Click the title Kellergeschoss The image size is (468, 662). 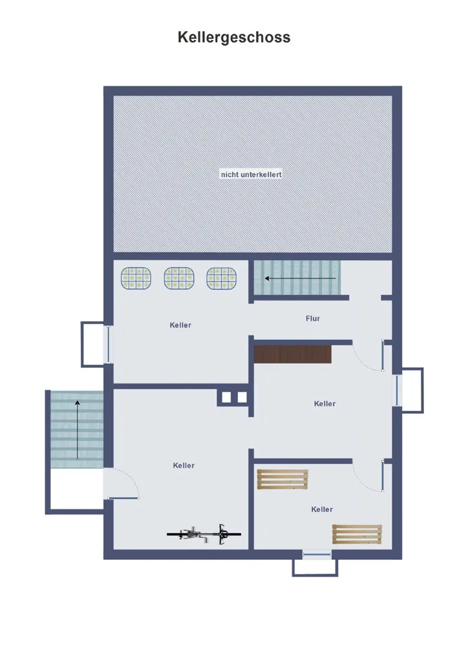pyautogui.click(x=234, y=37)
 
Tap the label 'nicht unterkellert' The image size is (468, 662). pyautogui.click(x=251, y=175)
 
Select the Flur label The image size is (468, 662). pyautogui.click(x=313, y=318)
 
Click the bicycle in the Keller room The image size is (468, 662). pyautogui.click(x=204, y=534)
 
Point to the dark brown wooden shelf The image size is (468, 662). pyautogui.click(x=292, y=354)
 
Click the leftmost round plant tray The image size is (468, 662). pyautogui.click(x=136, y=278)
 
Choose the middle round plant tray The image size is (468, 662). pyautogui.click(x=179, y=278)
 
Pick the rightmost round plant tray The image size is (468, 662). pyautogui.click(x=222, y=278)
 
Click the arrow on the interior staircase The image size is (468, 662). pyautogui.click(x=301, y=278)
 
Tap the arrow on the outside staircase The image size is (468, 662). pyautogui.click(x=77, y=430)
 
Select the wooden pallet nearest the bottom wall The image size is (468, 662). pyautogui.click(x=357, y=534)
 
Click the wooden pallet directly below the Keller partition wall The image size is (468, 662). pyautogui.click(x=282, y=479)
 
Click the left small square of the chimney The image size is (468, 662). pyautogui.click(x=227, y=398)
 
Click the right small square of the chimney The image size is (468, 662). pyautogui.click(x=242, y=398)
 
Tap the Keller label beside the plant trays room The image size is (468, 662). pyautogui.click(x=180, y=325)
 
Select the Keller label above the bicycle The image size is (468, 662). pyautogui.click(x=184, y=465)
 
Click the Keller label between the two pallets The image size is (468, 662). pyautogui.click(x=322, y=509)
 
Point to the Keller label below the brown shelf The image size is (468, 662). pyautogui.click(x=324, y=403)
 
